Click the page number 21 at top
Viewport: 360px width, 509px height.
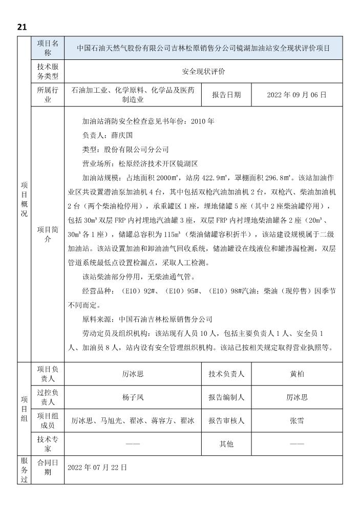(22, 27)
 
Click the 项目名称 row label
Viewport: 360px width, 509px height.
(48, 49)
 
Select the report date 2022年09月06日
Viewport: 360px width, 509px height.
(297, 95)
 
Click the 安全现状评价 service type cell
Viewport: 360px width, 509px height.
(203, 72)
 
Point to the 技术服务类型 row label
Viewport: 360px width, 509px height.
(48, 72)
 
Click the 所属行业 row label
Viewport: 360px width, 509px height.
(48, 95)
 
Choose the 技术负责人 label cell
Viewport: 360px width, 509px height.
(226, 374)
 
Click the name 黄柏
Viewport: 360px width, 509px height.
(297, 374)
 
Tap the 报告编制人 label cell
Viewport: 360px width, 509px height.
(226, 397)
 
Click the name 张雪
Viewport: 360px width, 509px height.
(297, 420)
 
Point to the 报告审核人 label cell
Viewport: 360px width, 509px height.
(226, 420)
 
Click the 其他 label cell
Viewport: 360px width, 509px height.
(226, 444)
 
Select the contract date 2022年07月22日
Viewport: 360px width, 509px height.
(97, 468)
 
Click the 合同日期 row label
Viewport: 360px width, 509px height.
(48, 468)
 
